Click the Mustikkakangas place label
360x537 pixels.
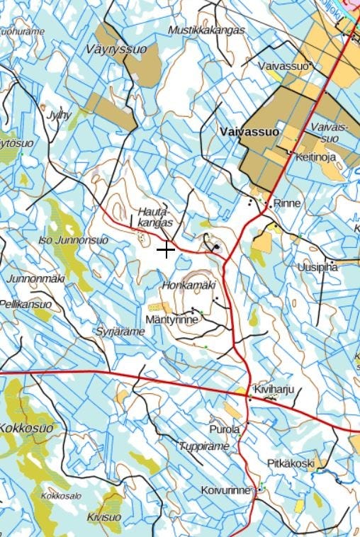[206, 30]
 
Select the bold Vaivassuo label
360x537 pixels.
[249, 132]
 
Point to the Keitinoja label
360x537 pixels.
[316, 157]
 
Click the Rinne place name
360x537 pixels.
[287, 203]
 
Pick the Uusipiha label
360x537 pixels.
[317, 267]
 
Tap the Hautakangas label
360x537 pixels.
[155, 217]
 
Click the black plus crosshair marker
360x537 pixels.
[166, 249]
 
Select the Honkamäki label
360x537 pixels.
[188, 285]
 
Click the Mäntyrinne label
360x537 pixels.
[171, 320]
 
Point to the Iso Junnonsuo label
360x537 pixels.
[73, 240]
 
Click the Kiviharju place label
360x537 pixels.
[273, 389]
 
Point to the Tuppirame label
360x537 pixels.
[204, 446]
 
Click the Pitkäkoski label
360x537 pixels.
[291, 463]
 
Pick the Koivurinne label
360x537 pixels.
[225, 490]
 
